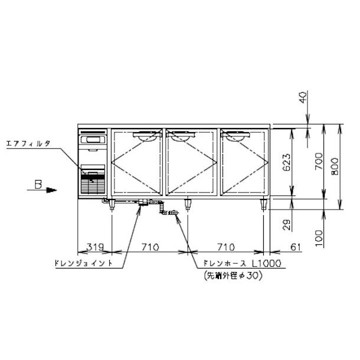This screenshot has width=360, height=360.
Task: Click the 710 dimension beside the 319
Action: [x=149, y=246]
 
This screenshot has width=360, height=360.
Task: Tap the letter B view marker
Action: [x=37, y=185]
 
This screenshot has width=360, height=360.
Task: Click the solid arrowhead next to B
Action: [x=51, y=190]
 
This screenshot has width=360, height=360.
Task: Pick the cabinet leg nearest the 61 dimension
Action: [x=263, y=205]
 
